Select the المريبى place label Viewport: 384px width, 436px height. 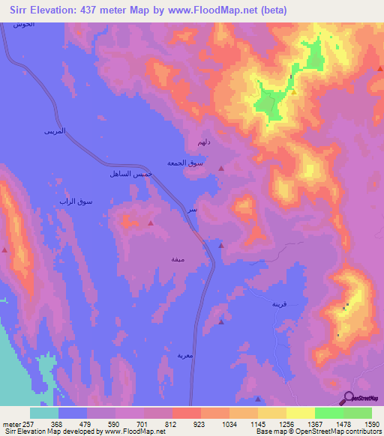point(55,131)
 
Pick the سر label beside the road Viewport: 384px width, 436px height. point(193,211)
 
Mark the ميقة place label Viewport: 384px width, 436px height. point(178,258)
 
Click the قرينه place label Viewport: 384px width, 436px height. point(279,304)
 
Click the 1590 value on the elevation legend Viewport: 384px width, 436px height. point(373,423)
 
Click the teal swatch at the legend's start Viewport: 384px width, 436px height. point(44,413)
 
